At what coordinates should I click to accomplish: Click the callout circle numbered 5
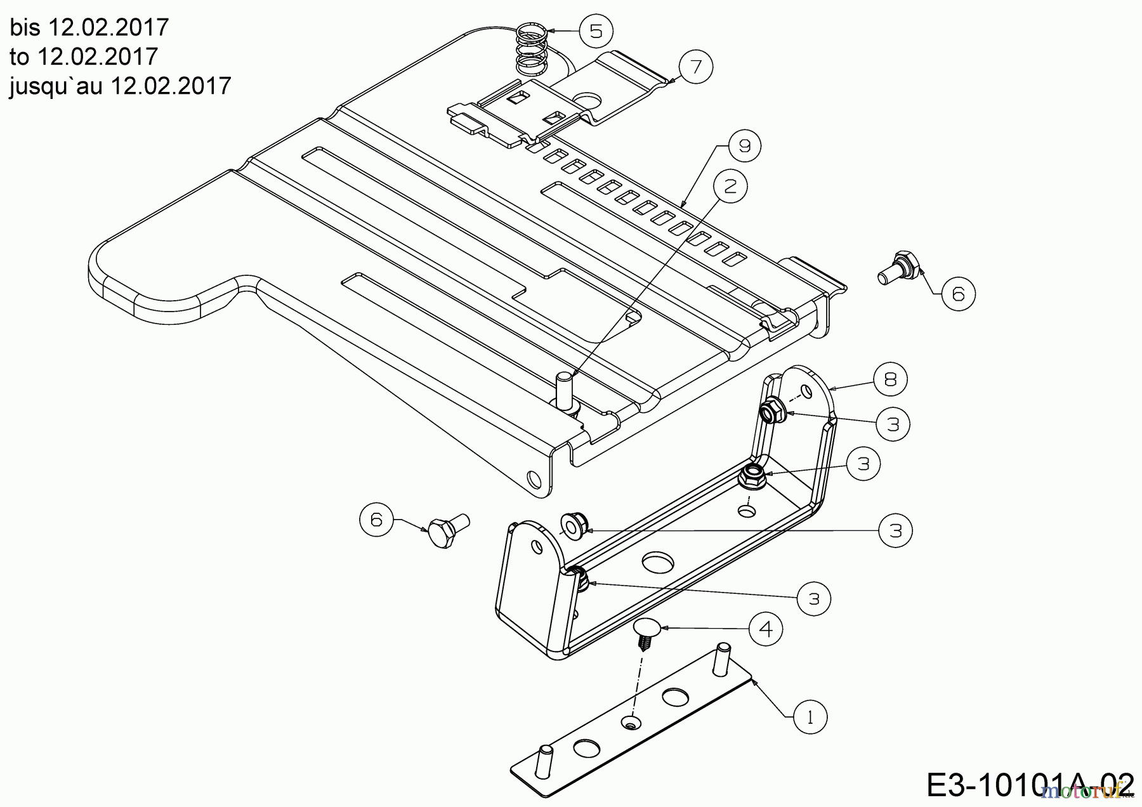tap(596, 31)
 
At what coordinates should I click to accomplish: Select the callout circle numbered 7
tap(696, 66)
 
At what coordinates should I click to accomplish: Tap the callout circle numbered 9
tap(744, 147)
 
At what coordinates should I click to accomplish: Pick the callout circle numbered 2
tap(730, 186)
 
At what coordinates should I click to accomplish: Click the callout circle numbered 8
tap(890, 379)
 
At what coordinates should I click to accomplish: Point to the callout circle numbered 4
tap(766, 629)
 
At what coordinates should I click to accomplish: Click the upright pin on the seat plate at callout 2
tap(563, 391)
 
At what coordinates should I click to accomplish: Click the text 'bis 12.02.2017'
tap(89, 27)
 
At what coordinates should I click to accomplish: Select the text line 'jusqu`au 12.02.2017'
tap(121, 86)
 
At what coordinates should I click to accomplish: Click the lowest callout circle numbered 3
tap(814, 598)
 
